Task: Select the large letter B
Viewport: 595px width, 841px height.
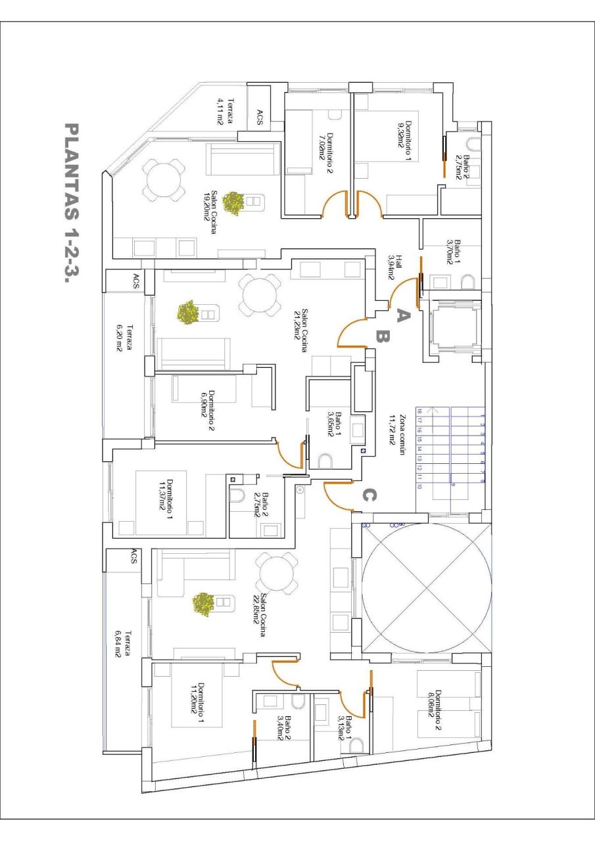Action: [x=383, y=337]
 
